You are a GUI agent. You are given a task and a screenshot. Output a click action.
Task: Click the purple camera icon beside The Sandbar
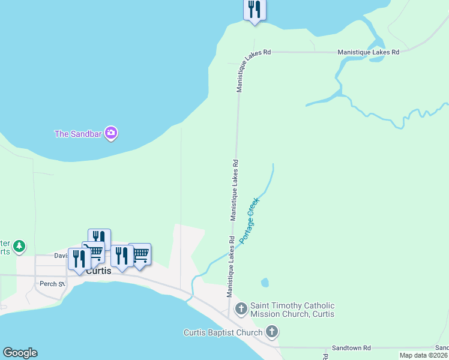coord(110,133)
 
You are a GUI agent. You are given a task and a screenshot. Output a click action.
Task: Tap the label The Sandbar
coord(78,134)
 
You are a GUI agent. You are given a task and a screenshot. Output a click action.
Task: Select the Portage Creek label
coord(249,220)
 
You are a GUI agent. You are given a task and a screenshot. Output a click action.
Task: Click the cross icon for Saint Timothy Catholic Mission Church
coord(241,310)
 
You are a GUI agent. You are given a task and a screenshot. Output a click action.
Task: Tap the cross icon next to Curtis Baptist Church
coord(272,332)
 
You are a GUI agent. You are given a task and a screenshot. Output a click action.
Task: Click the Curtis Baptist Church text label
coord(223,332)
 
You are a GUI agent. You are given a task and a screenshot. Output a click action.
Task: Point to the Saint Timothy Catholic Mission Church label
coord(292,310)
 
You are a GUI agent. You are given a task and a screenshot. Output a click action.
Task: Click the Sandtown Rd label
coord(352,348)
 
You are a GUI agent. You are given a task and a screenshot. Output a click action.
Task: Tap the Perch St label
coord(53,284)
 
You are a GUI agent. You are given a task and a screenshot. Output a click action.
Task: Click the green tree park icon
coord(19,245)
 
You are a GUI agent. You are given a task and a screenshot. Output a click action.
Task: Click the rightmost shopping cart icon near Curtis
coord(140,254)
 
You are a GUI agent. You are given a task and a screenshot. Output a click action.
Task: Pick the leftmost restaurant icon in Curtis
coord(79,259)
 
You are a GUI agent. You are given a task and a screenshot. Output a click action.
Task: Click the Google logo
coord(20,353)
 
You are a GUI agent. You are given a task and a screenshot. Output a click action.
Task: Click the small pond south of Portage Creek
coord(265,282)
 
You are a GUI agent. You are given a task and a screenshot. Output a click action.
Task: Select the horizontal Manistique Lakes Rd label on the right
coord(368,52)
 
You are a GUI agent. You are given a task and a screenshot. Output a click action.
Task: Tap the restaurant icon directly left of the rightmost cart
coord(122,256)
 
